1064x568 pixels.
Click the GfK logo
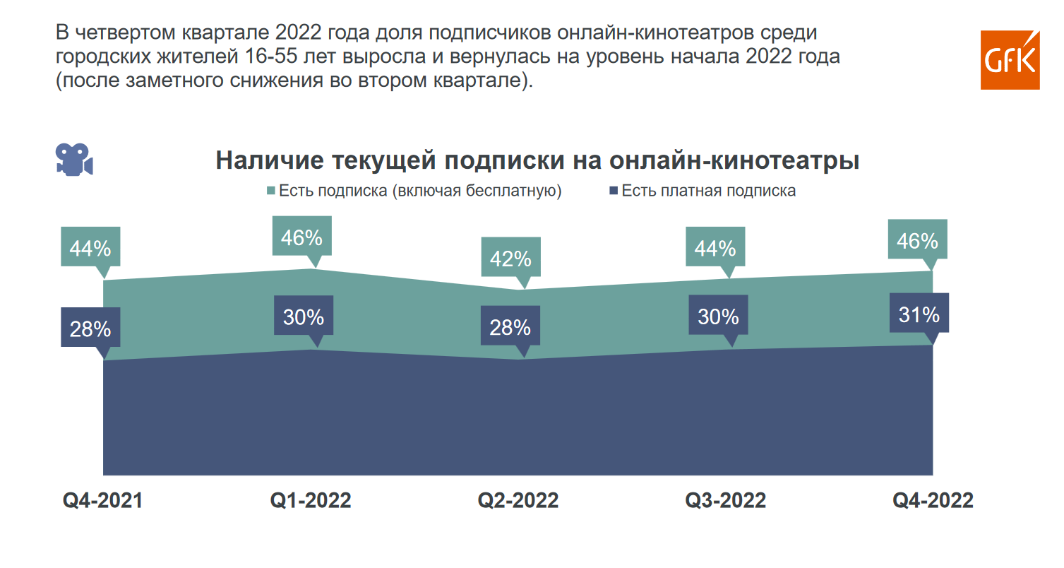[1010, 60]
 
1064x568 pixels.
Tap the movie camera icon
[74, 159]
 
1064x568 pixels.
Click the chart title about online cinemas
[537, 160]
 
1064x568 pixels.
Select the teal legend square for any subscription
[271, 191]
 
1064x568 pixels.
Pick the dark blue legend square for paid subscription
[613, 191]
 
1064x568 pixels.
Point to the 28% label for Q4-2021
[90, 329]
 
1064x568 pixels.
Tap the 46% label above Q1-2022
[302, 237]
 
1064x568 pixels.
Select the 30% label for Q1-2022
[304, 317]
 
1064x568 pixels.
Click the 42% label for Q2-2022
[510, 259]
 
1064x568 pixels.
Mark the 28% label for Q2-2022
[510, 327]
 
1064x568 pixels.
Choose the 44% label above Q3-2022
[715, 248]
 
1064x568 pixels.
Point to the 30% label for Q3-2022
[718, 316]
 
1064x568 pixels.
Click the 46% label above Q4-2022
[918, 241]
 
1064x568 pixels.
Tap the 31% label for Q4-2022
[919, 314]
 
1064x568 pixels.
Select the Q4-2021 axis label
[103, 500]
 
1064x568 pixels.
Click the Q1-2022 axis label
[311, 500]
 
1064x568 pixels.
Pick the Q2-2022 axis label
[518, 500]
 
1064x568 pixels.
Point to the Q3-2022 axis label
[726, 500]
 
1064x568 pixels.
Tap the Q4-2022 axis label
[933, 500]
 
